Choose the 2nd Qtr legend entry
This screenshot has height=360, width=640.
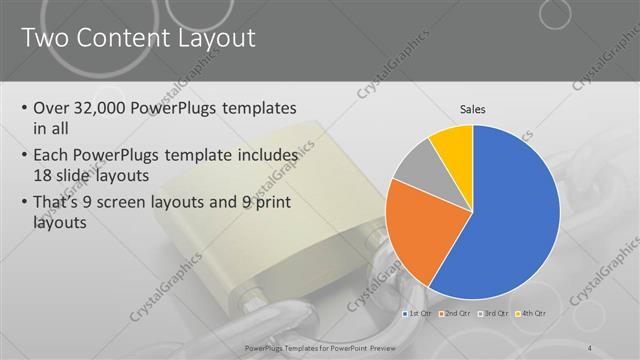(457, 314)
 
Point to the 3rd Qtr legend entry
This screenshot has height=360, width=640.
(494, 314)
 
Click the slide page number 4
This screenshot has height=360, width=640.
(590, 347)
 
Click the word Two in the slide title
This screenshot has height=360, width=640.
(46, 39)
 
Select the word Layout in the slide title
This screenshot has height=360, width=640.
(213, 39)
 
